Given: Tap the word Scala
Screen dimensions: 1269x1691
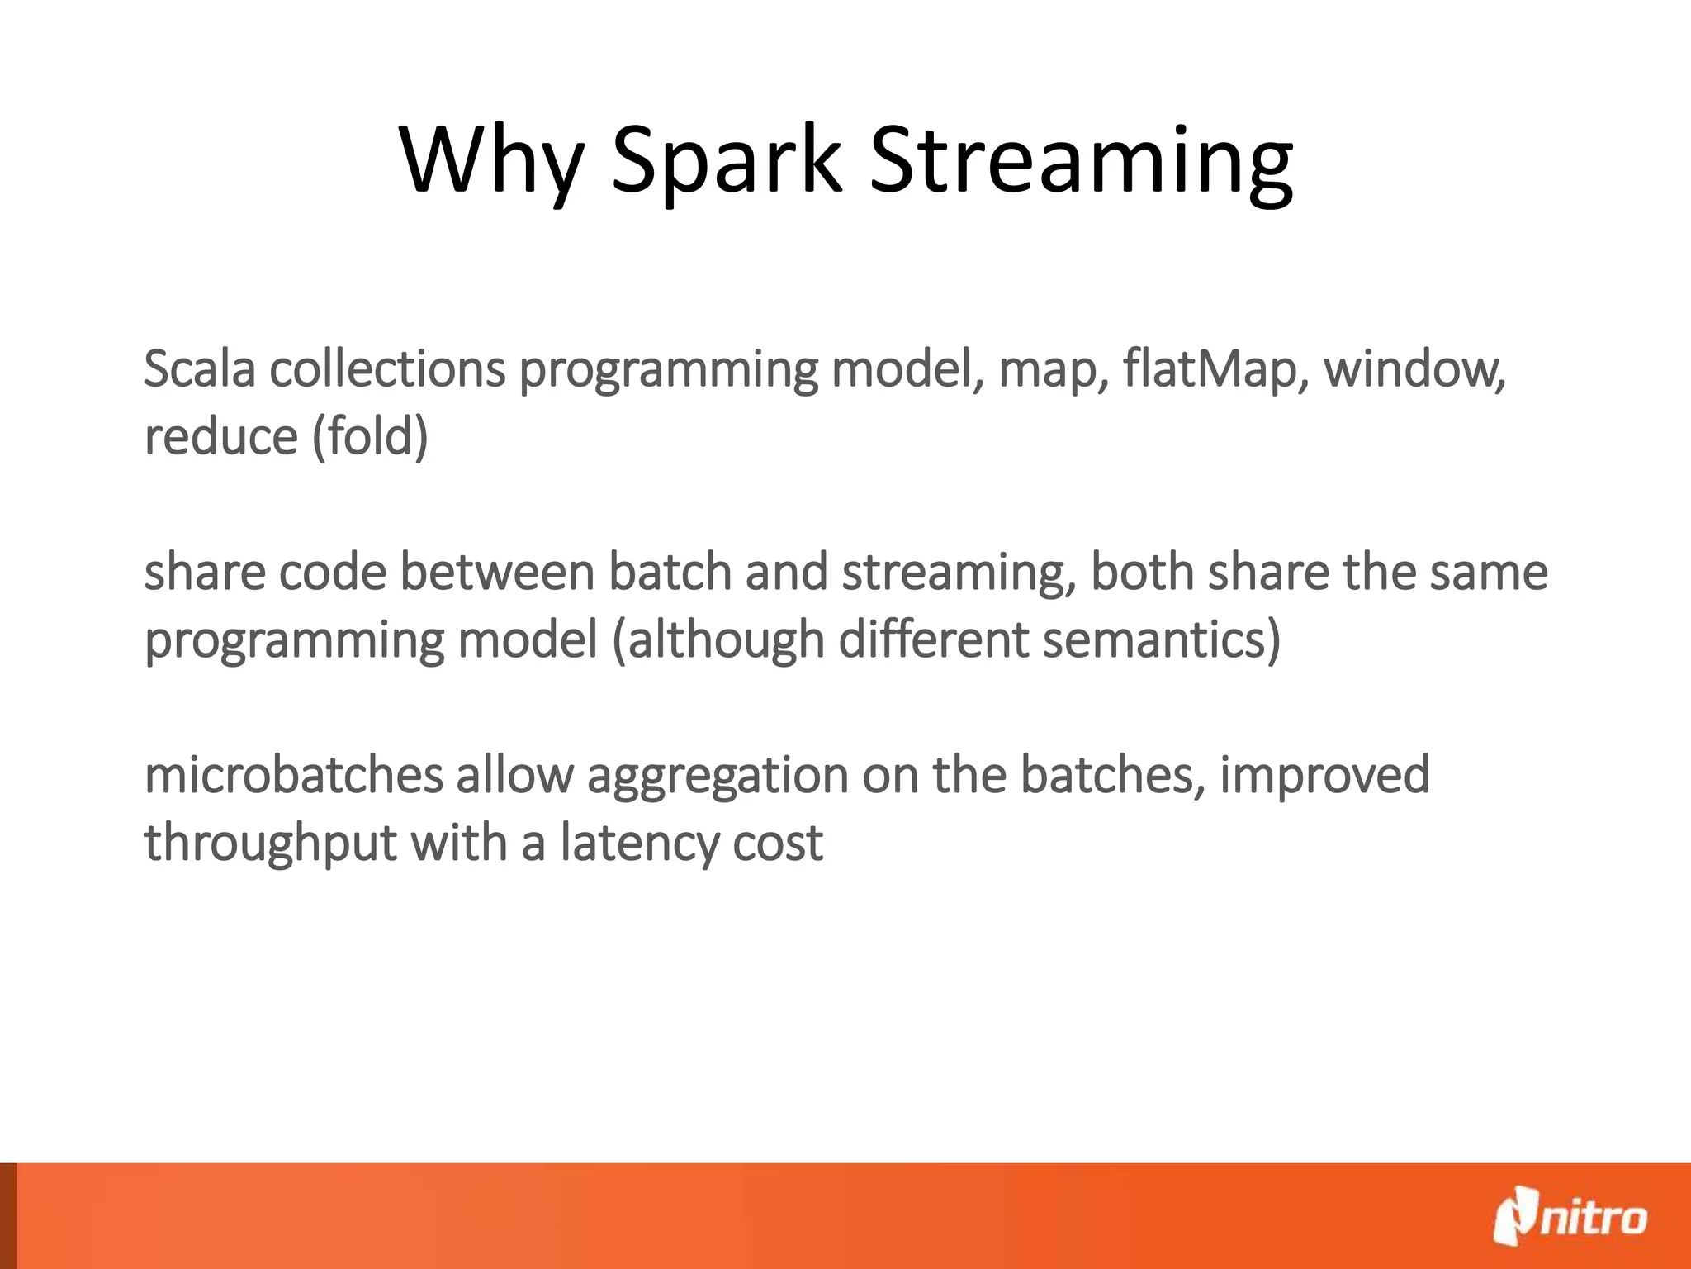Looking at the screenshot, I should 199,368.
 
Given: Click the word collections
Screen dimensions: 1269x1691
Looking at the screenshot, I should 386,368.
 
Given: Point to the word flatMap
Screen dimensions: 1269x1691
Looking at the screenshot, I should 1215,368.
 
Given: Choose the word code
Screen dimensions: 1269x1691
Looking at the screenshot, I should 332,572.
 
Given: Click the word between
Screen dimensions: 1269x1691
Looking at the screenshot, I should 497,572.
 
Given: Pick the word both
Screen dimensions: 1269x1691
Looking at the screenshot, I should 1142,572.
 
